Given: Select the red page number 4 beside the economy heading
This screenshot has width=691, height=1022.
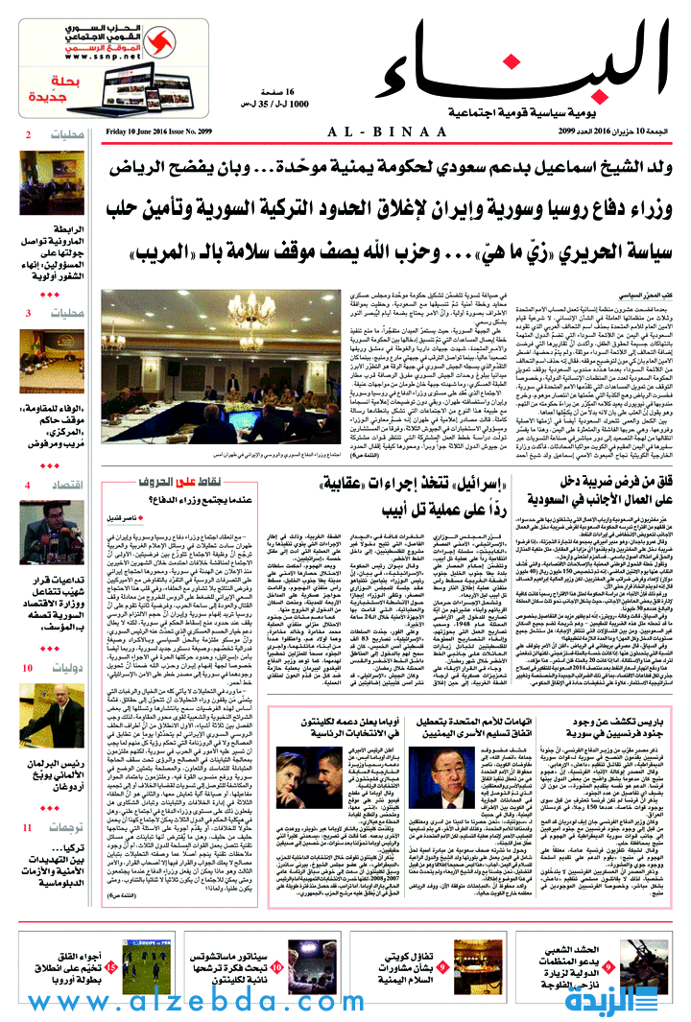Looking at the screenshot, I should pyautogui.click(x=28, y=486).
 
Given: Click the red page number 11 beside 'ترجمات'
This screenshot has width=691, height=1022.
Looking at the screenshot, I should pyautogui.click(x=28, y=827).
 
